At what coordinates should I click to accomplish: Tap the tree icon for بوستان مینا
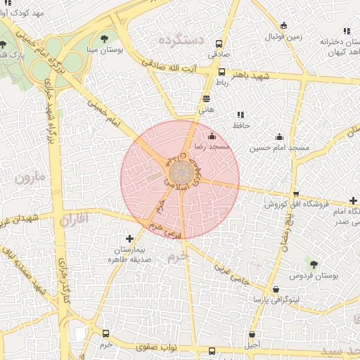tap(105, 39)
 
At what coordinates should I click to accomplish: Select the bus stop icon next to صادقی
tap(216, 40)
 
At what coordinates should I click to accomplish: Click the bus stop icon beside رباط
tap(222, 72)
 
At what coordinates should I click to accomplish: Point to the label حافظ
tap(242, 125)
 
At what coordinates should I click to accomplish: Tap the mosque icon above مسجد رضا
tap(212, 136)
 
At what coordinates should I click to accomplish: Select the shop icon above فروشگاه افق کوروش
tap(296, 194)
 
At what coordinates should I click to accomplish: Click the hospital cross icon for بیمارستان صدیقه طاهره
tap(129, 238)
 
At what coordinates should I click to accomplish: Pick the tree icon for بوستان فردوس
tap(313, 264)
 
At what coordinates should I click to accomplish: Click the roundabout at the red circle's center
tap(180, 172)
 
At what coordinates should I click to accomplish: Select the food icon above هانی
tap(206, 99)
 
